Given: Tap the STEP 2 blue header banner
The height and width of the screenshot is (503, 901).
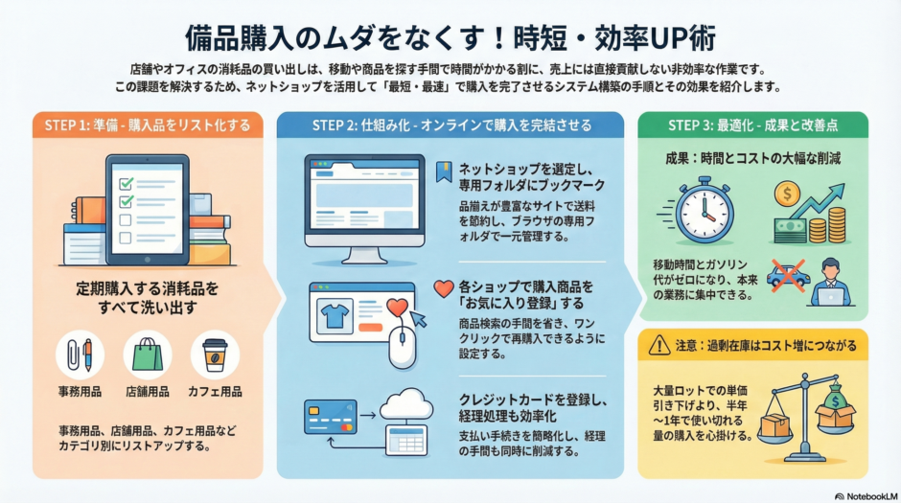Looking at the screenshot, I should [x=450, y=125].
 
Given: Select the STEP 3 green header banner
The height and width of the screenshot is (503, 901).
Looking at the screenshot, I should [x=752, y=125].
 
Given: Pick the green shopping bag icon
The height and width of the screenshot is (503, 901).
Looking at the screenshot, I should [x=147, y=354].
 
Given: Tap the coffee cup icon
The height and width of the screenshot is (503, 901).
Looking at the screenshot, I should [x=215, y=354].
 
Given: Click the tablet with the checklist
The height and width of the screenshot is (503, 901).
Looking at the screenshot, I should [x=146, y=208].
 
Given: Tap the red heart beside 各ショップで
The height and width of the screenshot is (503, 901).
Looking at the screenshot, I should [x=442, y=286].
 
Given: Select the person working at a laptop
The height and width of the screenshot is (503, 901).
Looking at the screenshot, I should [x=826, y=284].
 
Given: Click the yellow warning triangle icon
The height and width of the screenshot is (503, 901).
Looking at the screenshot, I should [x=658, y=345].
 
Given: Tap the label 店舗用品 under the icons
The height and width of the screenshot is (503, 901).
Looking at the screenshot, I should [x=147, y=391].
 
